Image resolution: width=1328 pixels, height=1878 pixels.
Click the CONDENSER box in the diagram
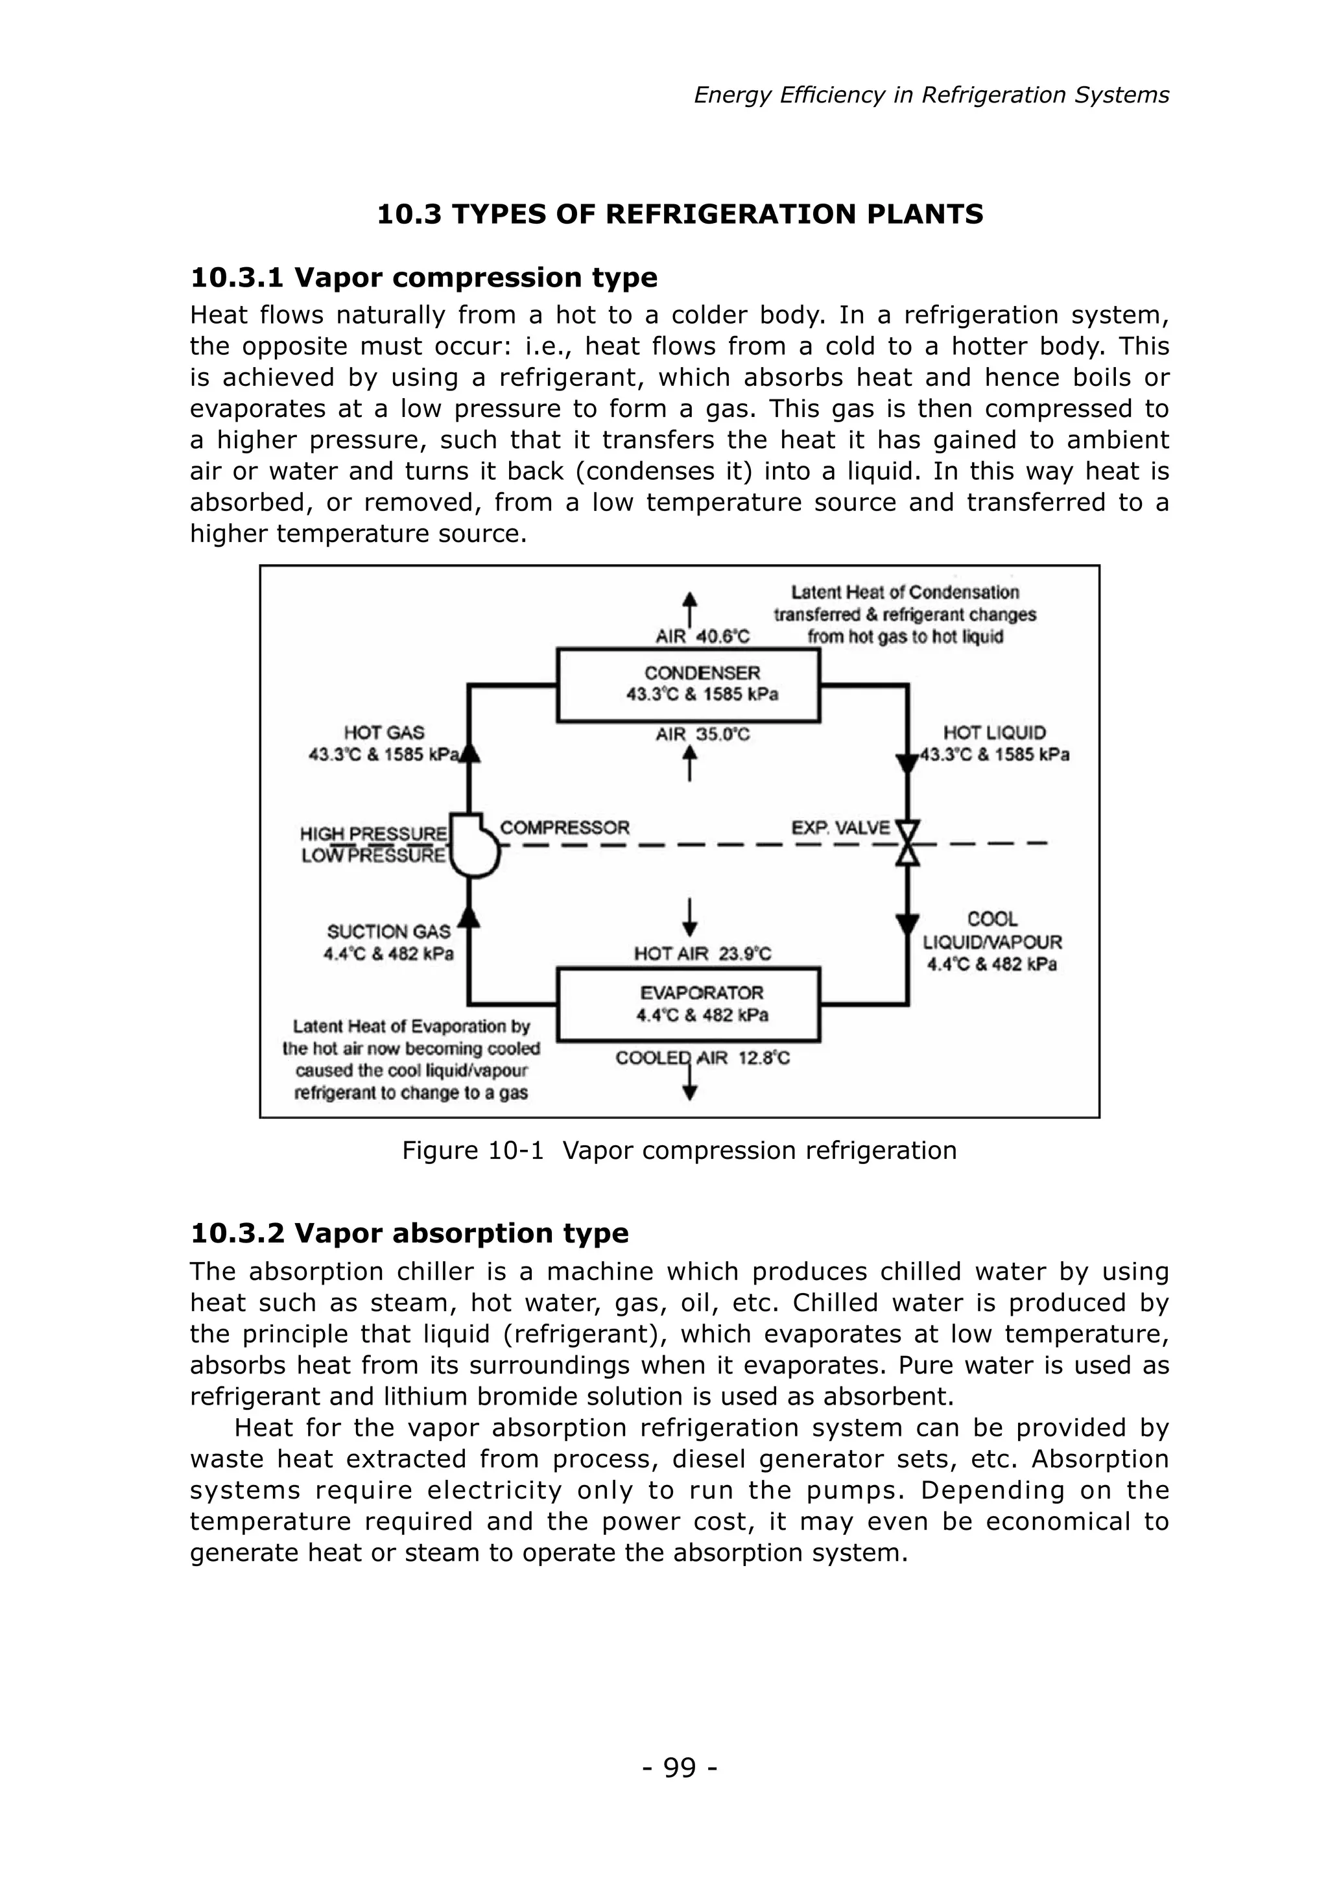pos(688,685)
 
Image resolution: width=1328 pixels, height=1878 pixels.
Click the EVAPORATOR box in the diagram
pos(688,1004)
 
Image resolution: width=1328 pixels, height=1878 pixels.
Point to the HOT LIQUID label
pos(994,733)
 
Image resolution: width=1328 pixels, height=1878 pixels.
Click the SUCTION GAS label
pos(388,932)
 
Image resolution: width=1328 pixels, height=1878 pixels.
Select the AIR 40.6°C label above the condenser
pos(702,636)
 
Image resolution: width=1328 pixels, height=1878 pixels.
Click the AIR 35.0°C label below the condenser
pos(702,735)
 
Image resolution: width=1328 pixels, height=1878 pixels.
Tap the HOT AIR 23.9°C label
pos(702,954)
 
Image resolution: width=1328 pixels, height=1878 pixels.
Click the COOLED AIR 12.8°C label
pos(702,1058)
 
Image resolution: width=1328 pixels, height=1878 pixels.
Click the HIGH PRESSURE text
pos(373,835)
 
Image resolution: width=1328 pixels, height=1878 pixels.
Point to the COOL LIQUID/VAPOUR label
pos(992,942)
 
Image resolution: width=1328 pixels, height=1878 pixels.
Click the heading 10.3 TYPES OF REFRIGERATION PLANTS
pos(680,214)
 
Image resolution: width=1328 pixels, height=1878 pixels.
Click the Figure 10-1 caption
pos(679,1150)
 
